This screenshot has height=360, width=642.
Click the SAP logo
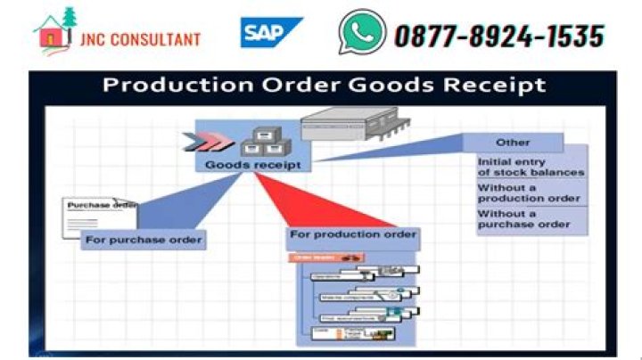[270, 33]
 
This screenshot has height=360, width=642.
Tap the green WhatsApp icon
[361, 33]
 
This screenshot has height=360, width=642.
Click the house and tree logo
[55, 31]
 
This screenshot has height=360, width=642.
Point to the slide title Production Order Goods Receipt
[323, 86]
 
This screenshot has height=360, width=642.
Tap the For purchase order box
[144, 240]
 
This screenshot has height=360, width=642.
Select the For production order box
[352, 234]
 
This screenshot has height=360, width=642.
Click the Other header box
[513, 143]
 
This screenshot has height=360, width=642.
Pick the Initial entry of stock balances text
[531, 167]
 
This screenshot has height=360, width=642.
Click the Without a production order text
[529, 192]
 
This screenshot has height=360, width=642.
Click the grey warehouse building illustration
[349, 125]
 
